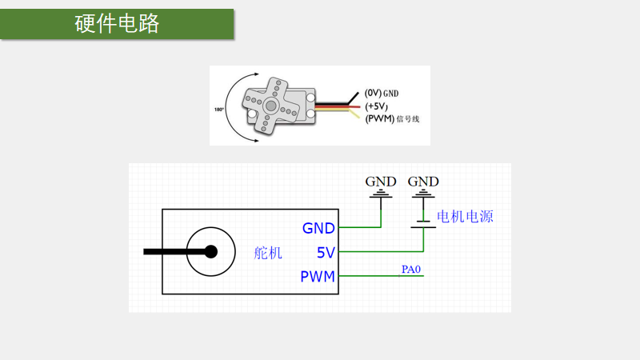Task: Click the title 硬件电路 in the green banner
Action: click(117, 24)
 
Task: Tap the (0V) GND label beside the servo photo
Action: click(382, 93)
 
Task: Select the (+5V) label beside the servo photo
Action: click(376, 106)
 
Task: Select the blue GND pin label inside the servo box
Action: click(318, 228)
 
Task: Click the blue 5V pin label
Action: click(326, 253)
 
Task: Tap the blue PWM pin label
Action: click(318, 278)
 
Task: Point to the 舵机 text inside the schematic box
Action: click(268, 253)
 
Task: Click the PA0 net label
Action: click(411, 270)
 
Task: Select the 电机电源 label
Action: click(465, 217)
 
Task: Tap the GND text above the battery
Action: click(423, 182)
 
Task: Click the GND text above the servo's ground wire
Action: click(381, 182)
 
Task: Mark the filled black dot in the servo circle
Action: click(211, 252)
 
